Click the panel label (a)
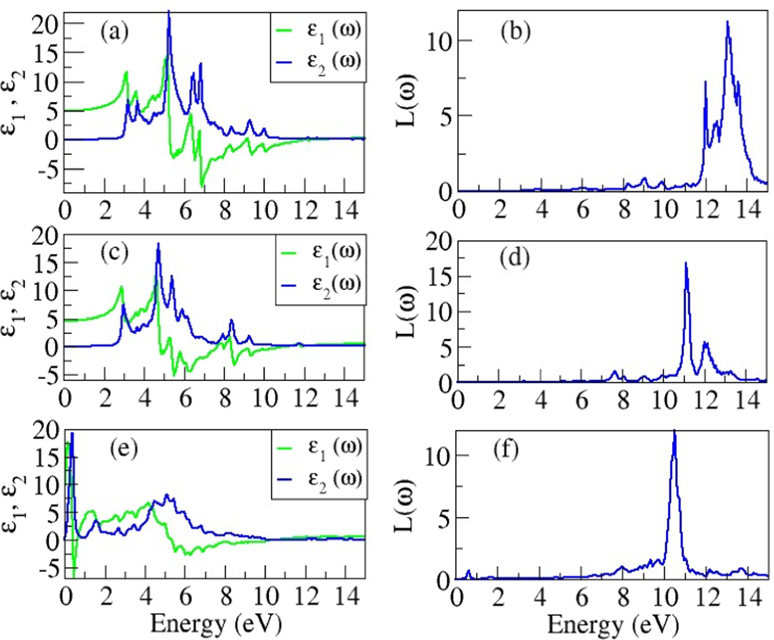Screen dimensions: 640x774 click(x=115, y=33)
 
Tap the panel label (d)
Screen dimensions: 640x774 click(x=515, y=258)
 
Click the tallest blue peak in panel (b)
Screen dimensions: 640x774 click(x=727, y=22)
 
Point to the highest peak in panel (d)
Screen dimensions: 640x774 click(x=686, y=263)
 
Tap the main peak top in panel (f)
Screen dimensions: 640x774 click(x=674, y=431)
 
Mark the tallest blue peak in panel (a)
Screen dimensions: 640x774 click(x=169, y=12)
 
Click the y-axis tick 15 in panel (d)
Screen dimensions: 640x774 click(x=439, y=277)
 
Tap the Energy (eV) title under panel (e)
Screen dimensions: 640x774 click(x=216, y=624)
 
